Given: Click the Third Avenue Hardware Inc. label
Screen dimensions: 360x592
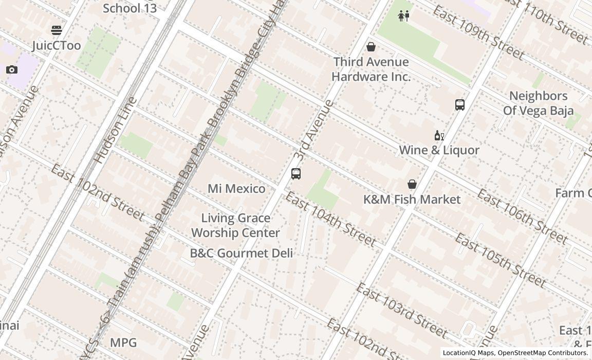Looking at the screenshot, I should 371,69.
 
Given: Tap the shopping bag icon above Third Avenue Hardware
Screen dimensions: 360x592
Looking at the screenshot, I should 371,47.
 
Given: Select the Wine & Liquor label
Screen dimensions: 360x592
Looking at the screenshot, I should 439,150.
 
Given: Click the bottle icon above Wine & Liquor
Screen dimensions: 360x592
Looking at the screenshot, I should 439,136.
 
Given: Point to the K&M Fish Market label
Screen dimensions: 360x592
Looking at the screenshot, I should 412,200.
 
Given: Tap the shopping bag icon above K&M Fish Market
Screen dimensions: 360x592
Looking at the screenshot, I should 412,184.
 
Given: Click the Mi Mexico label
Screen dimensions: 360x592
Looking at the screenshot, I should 236,189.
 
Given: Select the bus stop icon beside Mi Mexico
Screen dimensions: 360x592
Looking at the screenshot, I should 295,174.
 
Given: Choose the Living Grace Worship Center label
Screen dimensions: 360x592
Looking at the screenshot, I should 235,225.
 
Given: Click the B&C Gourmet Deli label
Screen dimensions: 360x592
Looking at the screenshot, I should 241,253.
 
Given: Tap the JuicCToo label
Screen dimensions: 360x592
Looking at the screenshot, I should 57,46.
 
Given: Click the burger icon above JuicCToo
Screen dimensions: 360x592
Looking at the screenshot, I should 57,30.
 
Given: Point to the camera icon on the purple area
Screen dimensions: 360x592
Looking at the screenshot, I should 12,69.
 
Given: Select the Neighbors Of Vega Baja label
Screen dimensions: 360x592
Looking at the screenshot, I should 538,103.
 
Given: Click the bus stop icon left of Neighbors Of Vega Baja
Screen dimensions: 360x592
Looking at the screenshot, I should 460,105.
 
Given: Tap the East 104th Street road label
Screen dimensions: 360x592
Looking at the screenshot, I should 330,219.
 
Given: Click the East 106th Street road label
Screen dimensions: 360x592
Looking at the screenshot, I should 522,217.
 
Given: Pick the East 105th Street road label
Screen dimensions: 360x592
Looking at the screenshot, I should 500,260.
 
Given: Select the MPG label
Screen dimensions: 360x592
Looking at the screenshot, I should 123,343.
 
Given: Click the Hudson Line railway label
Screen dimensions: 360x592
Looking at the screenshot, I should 115,130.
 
